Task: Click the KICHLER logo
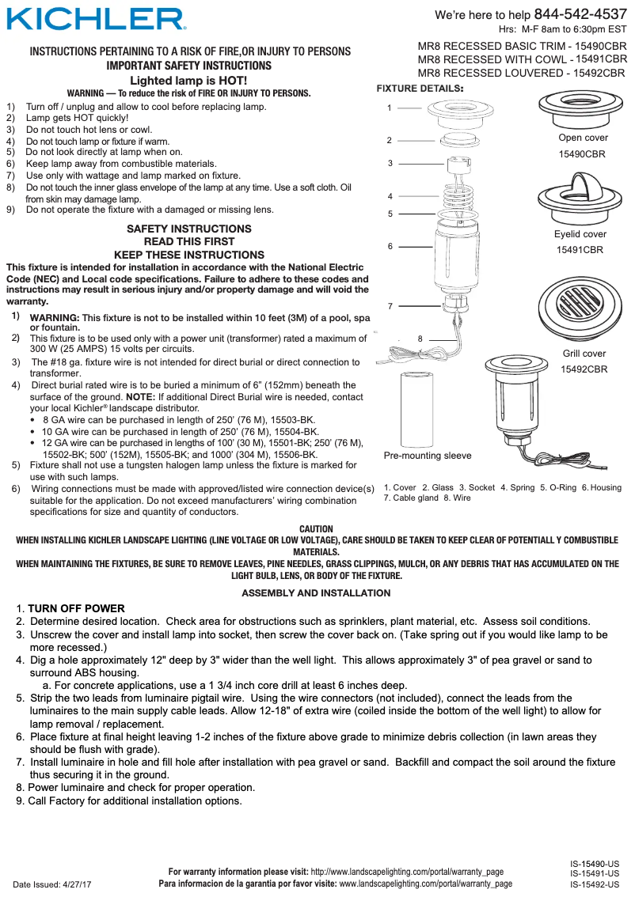(x=96, y=19)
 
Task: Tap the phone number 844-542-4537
(x=580, y=14)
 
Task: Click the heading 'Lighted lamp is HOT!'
(x=188, y=81)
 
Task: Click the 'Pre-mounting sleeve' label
(x=427, y=456)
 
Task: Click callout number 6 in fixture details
(x=390, y=246)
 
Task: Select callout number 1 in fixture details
(x=390, y=107)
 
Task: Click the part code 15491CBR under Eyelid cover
(x=580, y=250)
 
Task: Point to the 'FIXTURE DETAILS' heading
(x=420, y=88)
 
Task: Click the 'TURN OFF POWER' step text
(x=76, y=608)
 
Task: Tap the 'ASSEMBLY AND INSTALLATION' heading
(x=316, y=592)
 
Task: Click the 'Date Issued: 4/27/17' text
(x=52, y=884)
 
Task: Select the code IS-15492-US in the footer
(x=595, y=884)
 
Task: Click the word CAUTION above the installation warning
(x=317, y=529)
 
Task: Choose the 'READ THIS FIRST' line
(x=188, y=241)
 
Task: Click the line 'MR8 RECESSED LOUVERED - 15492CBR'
(x=521, y=73)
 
